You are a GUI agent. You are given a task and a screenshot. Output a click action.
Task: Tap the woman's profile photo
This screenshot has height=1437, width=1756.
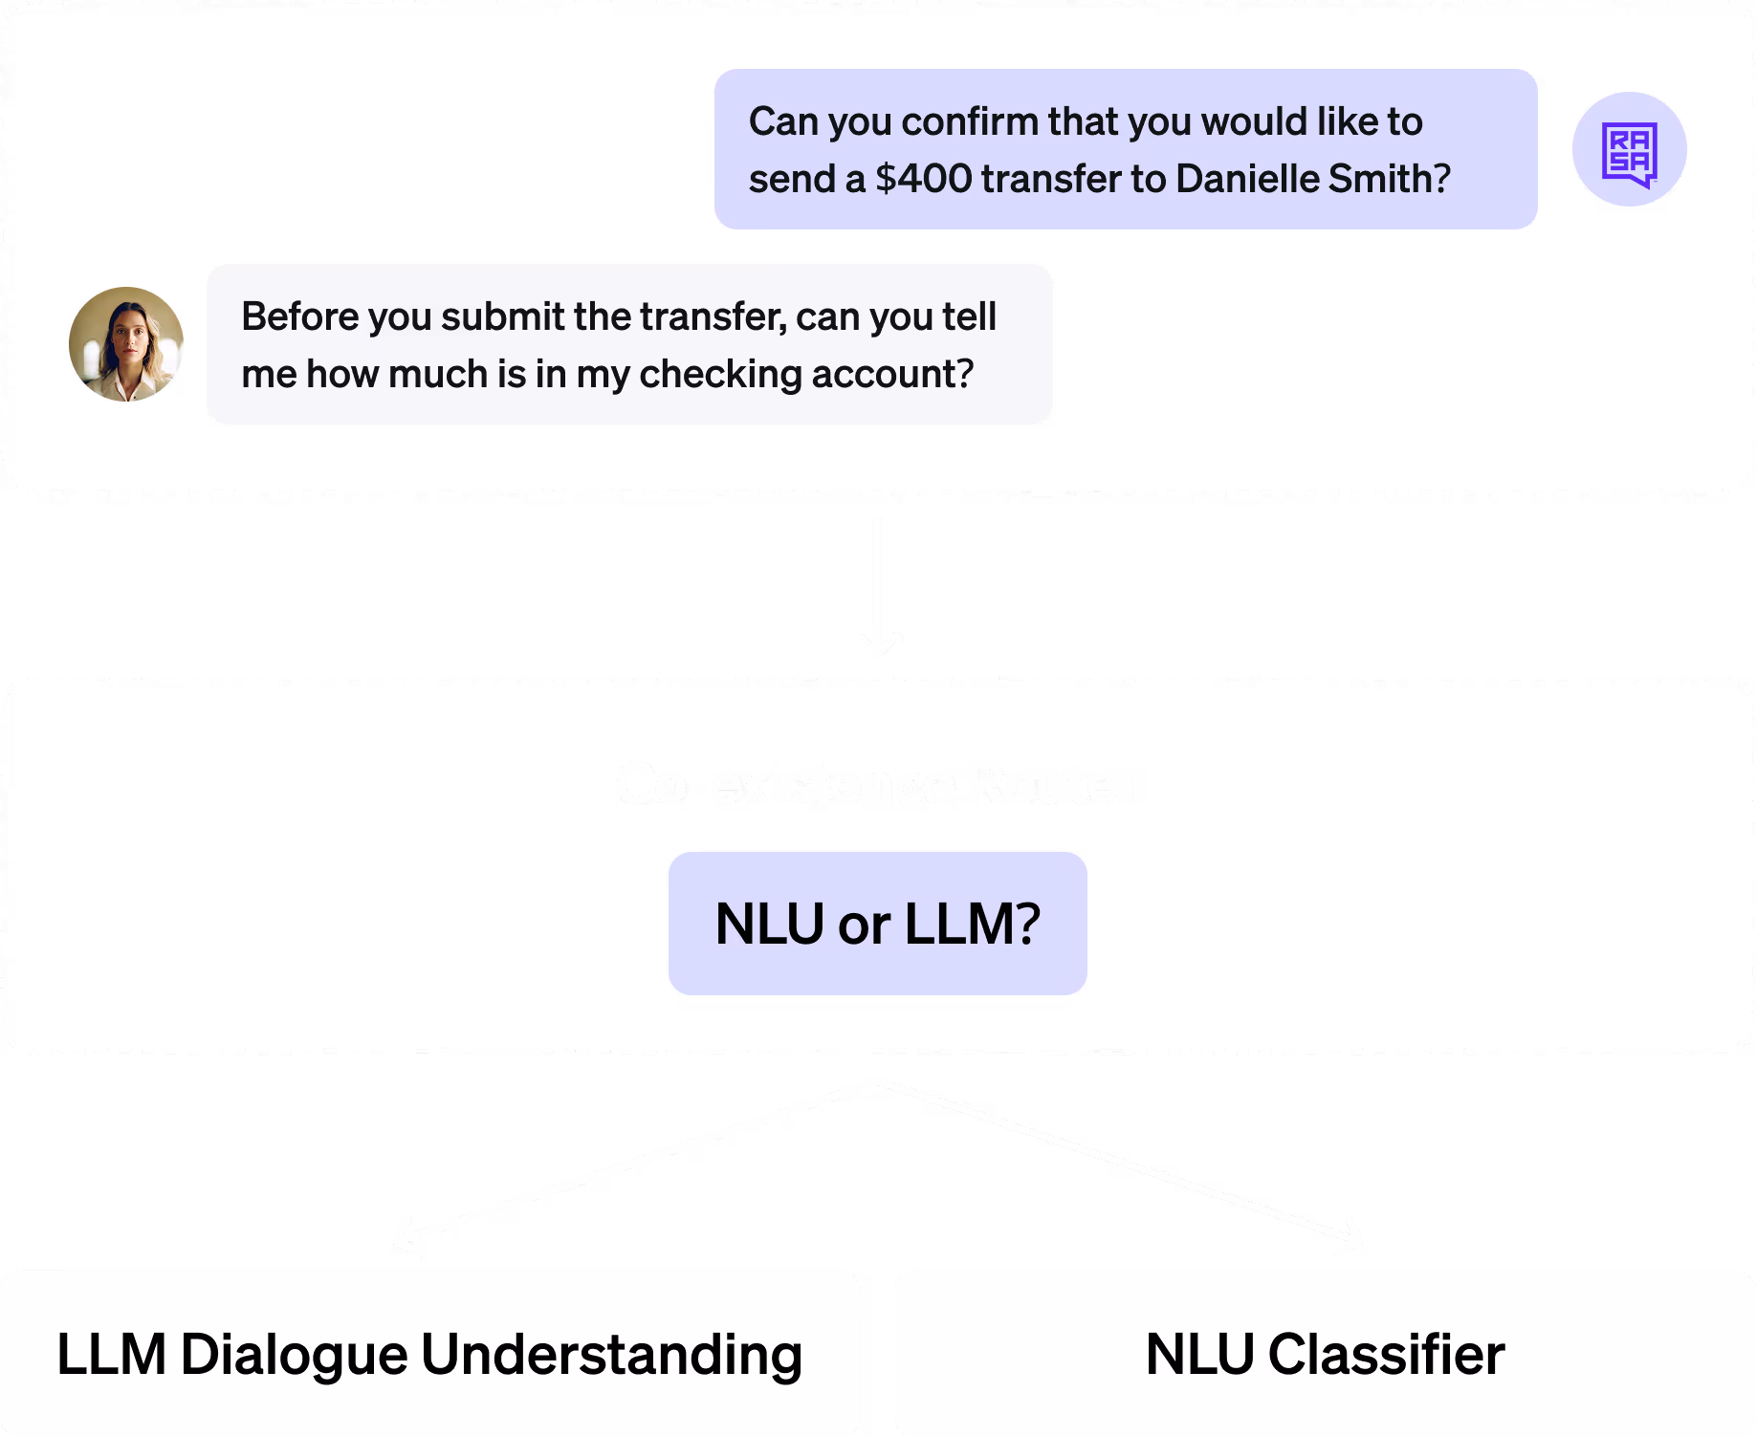(x=126, y=344)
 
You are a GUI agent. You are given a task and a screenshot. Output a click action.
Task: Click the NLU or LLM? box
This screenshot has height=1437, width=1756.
(x=877, y=924)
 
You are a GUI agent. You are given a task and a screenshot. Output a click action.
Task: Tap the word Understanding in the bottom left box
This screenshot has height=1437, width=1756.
(x=611, y=1355)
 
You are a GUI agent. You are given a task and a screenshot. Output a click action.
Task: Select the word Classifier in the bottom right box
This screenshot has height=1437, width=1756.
(x=1386, y=1355)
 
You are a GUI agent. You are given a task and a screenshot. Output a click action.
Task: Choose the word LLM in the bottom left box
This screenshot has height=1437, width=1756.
(x=112, y=1355)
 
